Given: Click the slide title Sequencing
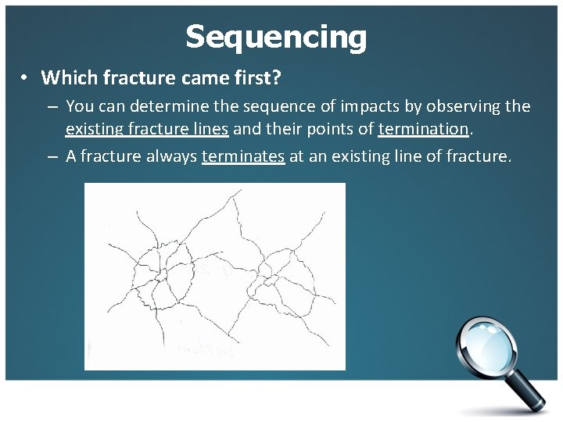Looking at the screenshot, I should tap(276, 37).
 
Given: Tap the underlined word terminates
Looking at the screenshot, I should tap(242, 156).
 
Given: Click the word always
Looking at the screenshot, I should tap(167, 156).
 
